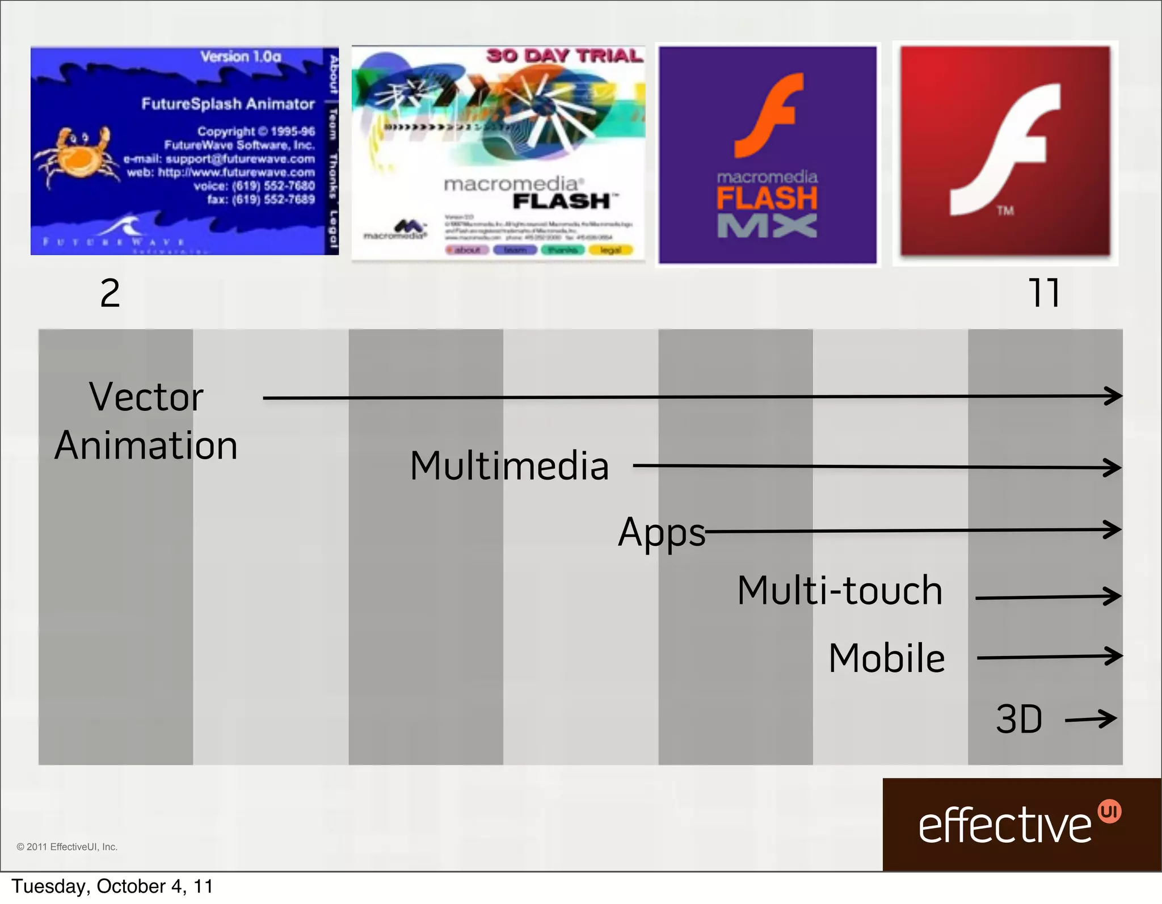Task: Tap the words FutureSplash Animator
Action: point(228,104)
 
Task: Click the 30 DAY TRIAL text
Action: point(565,56)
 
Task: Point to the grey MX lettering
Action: point(767,226)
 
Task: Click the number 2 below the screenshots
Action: point(110,293)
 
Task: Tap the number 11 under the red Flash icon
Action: point(1043,293)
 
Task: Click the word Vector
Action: point(146,397)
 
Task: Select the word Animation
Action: point(146,445)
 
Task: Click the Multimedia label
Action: point(509,466)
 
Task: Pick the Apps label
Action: point(661,532)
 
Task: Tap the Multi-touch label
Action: point(840,591)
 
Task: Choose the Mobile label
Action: point(886,658)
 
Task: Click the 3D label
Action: point(1019,720)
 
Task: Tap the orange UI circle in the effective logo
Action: point(1109,812)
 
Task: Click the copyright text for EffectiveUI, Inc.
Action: point(67,847)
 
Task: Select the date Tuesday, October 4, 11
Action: point(112,886)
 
